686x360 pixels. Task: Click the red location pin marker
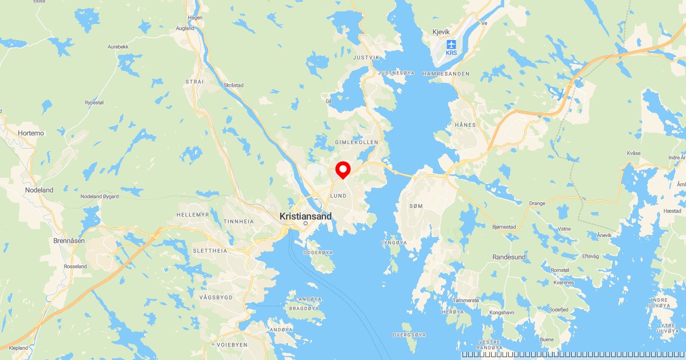(x=342, y=170)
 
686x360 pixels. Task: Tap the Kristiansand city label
(x=305, y=217)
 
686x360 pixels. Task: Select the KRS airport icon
(x=452, y=43)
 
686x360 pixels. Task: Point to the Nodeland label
(x=39, y=190)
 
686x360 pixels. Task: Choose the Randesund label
(x=509, y=257)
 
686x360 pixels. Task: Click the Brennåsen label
(x=69, y=241)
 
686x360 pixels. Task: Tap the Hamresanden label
(x=446, y=74)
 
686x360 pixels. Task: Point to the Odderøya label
(x=317, y=251)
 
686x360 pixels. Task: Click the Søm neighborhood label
(x=416, y=206)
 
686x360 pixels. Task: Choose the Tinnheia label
(x=238, y=222)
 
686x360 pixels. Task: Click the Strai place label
(x=194, y=82)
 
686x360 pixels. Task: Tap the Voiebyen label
(x=232, y=345)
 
